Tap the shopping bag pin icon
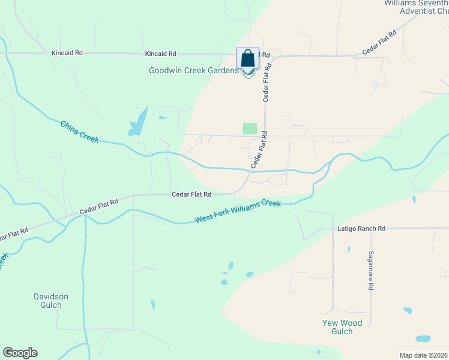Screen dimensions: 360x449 click(247, 60)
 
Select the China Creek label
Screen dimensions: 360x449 click(79, 131)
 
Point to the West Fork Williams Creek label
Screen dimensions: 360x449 click(238, 212)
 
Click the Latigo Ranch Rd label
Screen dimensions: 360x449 click(361, 229)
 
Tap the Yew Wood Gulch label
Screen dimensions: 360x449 click(342, 327)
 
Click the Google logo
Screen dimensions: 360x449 click(20, 353)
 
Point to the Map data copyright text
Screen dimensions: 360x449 click(423, 355)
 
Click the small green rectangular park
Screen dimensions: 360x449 click(250, 128)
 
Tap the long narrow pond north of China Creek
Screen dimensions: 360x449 click(138, 121)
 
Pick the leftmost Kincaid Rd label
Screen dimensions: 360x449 click(67, 53)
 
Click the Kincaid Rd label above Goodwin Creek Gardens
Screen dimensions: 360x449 click(160, 53)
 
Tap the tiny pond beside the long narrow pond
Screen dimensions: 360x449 click(163, 118)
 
